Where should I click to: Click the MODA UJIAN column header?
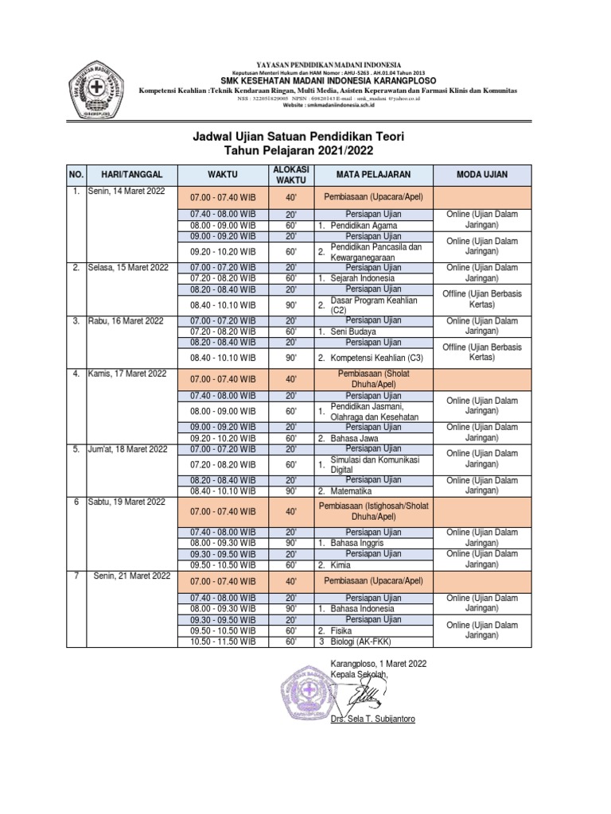[481, 174]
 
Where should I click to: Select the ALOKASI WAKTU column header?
[290, 174]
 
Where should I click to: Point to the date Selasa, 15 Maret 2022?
[129, 268]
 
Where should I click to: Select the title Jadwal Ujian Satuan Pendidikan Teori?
[299, 137]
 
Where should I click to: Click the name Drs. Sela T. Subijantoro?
[372, 719]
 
